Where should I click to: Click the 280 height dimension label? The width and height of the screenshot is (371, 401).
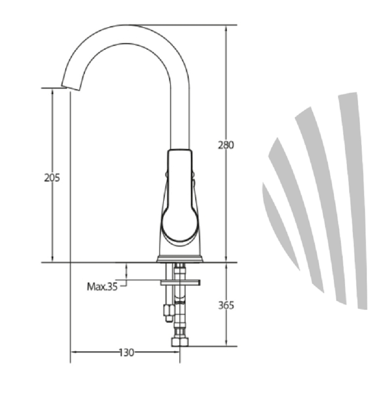click(226, 145)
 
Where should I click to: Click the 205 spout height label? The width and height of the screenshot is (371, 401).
click(52, 178)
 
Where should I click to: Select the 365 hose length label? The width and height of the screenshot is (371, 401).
click(226, 305)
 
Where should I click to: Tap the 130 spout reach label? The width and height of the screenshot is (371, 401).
click(127, 353)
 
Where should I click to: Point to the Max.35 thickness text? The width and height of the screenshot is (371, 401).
click(102, 287)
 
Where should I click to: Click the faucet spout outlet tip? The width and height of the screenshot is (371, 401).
click(70, 88)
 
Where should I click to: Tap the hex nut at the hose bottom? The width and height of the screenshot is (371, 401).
click(180, 342)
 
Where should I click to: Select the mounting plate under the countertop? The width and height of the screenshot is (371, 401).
click(180, 282)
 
